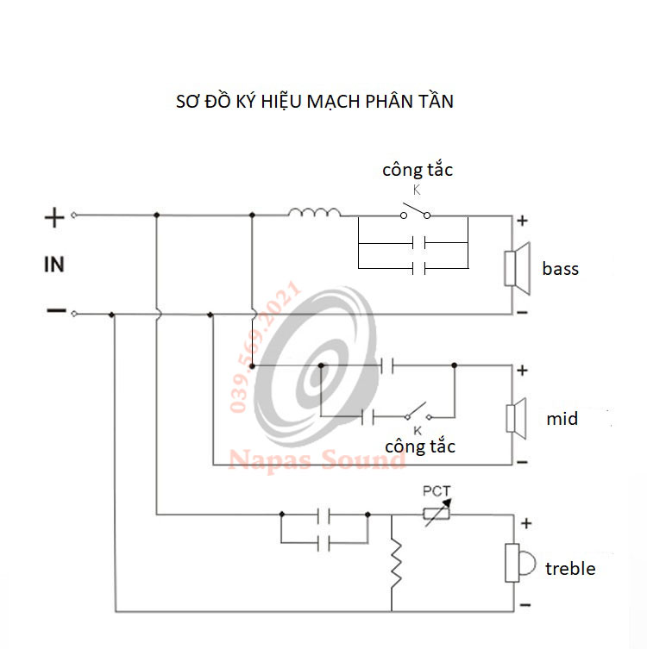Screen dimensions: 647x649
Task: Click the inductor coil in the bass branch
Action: point(315,212)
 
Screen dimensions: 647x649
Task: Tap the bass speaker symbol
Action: point(517,269)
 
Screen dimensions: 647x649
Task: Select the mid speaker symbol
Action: point(516,419)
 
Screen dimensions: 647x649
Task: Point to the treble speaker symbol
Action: point(519,563)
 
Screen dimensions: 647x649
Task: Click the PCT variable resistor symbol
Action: point(437,514)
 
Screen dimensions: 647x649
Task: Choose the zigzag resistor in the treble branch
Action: point(396,565)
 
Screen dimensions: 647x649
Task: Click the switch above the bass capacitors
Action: point(416,211)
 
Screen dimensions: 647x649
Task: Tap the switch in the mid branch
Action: point(418,411)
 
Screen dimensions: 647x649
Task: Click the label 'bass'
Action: point(560,269)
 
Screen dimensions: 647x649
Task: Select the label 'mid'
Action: point(562,419)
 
